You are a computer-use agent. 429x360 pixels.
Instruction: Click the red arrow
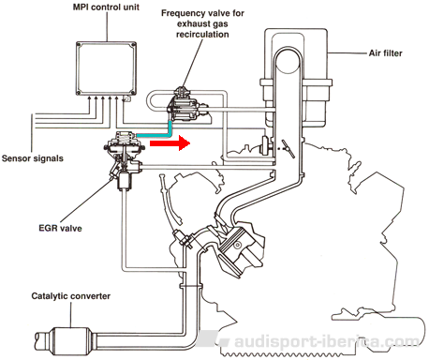pyautogui.click(x=170, y=143)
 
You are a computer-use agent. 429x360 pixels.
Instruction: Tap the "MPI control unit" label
pyautogui.click(x=106, y=7)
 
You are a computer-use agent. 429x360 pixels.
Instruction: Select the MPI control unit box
pyautogui.click(x=106, y=68)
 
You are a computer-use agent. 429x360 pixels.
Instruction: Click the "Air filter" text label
pyautogui.click(x=385, y=53)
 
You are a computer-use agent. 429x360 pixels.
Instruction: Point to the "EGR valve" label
pyautogui.click(x=60, y=228)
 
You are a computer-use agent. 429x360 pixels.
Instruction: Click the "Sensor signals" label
pyautogui.click(x=33, y=158)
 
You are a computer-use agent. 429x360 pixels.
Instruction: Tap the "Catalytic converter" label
pyautogui.click(x=71, y=296)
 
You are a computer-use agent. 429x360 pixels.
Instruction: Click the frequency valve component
pyautogui.click(x=185, y=106)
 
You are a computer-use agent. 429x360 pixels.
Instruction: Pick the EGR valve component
pyautogui.click(x=125, y=157)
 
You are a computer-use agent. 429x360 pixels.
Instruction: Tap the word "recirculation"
pyautogui.click(x=202, y=34)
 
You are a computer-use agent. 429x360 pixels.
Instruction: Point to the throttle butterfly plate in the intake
pyautogui.click(x=288, y=149)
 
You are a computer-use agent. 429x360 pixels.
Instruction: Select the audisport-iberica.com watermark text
pyautogui.click(x=326, y=341)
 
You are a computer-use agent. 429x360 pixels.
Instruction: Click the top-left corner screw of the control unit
pyautogui.click(x=80, y=45)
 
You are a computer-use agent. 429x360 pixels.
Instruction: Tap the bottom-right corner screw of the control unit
pyautogui.click(x=133, y=92)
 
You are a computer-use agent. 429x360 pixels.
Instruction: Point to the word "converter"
pyautogui.click(x=92, y=296)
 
